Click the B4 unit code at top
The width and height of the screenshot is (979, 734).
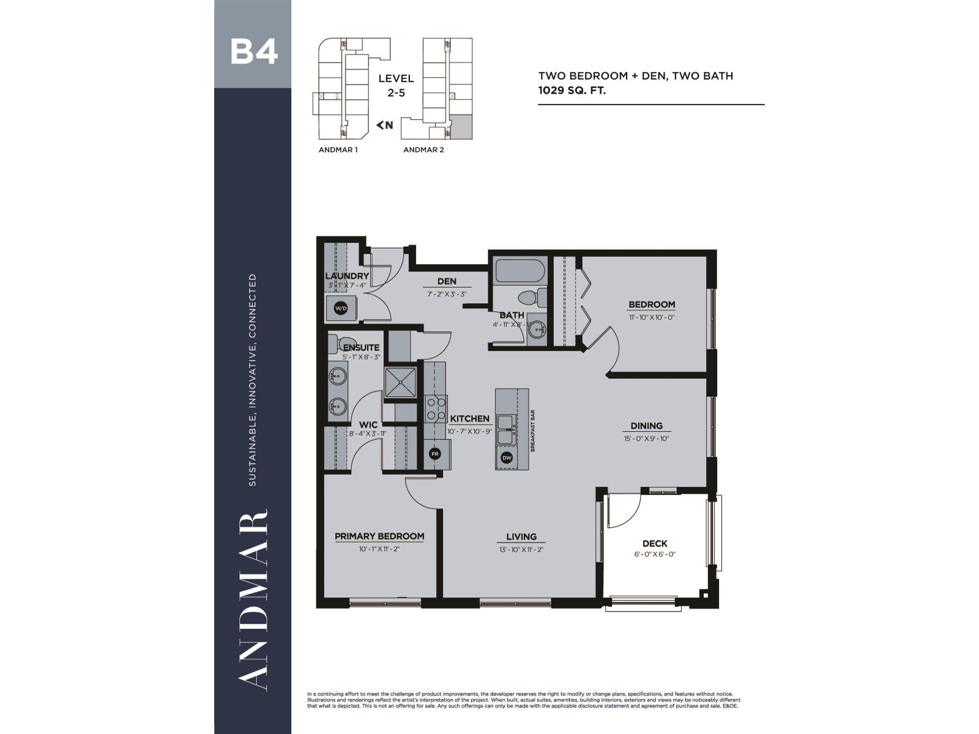pos(253,53)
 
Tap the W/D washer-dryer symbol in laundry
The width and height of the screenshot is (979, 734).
pos(340,308)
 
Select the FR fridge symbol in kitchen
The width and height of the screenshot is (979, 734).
pos(435,454)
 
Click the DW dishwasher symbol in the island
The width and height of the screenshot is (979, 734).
pos(507,458)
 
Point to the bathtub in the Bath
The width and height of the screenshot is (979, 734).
pos(518,271)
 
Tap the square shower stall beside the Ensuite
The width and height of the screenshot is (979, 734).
pos(401,383)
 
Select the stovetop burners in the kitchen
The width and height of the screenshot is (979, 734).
pos(435,409)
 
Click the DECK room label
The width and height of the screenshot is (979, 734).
pos(655,543)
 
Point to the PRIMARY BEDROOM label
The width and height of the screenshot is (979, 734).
pos(379,536)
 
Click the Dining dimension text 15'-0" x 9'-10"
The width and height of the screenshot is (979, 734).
pos(647,439)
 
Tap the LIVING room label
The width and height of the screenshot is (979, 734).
pos(521,536)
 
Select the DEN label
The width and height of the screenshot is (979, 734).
pos(447,281)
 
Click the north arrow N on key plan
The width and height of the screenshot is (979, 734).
pos(385,125)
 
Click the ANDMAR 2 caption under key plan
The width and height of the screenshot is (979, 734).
pos(423,150)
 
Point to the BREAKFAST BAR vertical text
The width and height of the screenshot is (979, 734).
pos(533,431)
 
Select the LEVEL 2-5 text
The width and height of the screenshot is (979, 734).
pos(396,86)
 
